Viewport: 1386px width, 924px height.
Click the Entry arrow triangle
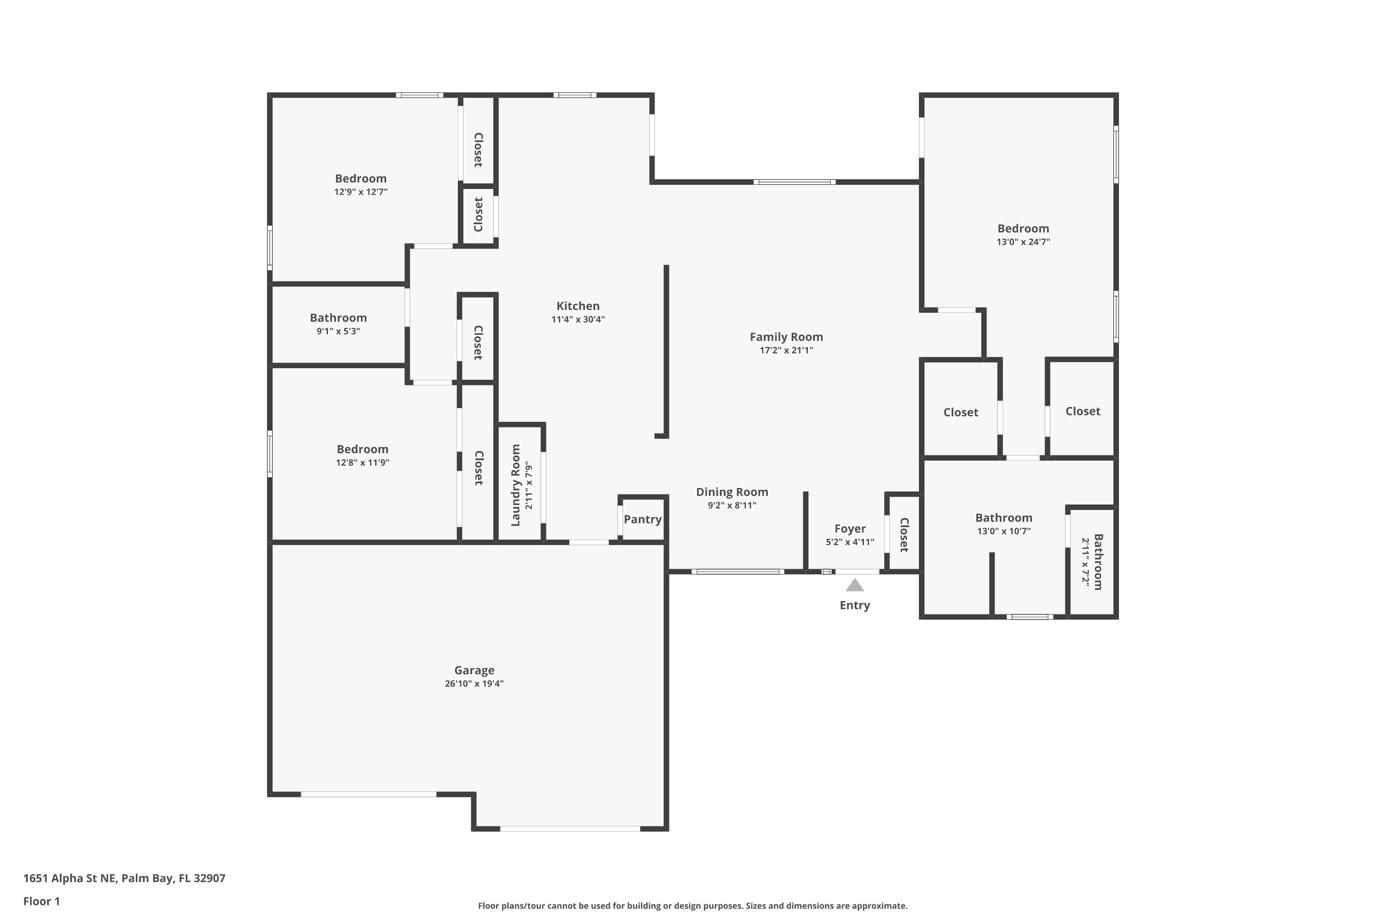click(854, 585)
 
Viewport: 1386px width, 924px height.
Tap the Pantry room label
click(642, 519)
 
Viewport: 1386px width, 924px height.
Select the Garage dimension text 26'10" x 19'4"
click(474, 684)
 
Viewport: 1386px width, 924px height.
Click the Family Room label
click(786, 337)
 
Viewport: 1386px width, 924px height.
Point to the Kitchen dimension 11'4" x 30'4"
click(577, 319)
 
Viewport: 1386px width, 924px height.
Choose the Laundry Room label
click(516, 485)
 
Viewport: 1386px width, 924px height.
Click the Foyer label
click(850, 529)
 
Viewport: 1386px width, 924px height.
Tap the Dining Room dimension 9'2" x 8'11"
click(732, 505)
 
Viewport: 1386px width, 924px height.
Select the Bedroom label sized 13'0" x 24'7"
click(1023, 229)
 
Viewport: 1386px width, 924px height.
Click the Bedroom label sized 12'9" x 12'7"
click(361, 178)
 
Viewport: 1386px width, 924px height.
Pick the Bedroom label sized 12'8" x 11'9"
click(362, 449)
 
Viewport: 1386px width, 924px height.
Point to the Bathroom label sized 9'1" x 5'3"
click(338, 318)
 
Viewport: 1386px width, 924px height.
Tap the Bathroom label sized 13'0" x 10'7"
click(1003, 518)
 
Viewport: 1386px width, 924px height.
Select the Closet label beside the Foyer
click(904, 535)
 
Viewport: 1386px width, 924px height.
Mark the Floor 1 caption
click(41, 901)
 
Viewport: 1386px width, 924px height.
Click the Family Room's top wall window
click(794, 182)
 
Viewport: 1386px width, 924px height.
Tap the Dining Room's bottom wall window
click(737, 571)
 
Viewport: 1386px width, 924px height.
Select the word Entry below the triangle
click(854, 605)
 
